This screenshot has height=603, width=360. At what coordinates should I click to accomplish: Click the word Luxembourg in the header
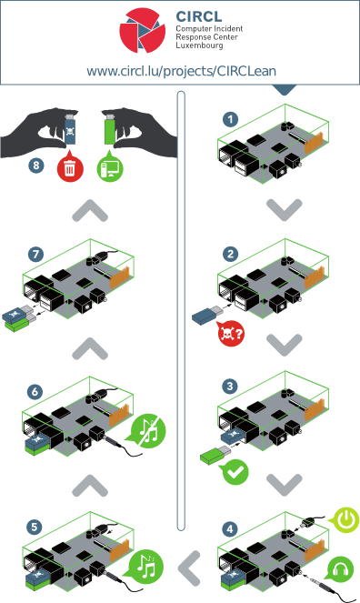(200, 46)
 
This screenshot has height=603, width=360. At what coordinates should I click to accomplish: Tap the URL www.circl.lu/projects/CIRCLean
(181, 70)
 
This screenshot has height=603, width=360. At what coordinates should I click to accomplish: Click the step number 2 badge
(232, 254)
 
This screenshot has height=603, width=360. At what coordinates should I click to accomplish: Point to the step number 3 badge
(232, 387)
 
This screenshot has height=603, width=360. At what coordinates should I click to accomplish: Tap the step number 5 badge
(35, 527)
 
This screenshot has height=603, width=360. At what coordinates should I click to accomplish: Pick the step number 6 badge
(35, 392)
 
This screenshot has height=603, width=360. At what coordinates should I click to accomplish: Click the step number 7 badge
(35, 251)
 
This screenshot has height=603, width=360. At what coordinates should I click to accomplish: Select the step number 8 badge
(35, 166)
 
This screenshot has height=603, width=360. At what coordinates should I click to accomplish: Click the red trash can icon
(68, 168)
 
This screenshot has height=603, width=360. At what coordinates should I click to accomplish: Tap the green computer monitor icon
(109, 168)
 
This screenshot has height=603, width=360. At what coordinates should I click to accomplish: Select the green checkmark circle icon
(236, 471)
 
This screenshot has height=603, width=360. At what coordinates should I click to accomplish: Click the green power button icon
(346, 521)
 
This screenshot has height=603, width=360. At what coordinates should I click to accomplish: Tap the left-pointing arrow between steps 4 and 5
(188, 568)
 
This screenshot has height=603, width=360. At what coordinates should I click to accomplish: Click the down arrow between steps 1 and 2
(284, 208)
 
